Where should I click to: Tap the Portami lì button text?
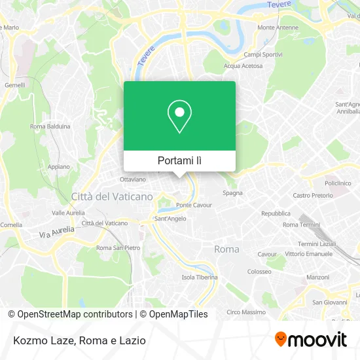(179, 160)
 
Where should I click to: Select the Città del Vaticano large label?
(112, 196)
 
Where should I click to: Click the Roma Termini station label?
(300, 225)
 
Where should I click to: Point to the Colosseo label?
(259, 272)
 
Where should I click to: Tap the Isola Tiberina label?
(199, 277)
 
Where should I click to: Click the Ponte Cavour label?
(194, 205)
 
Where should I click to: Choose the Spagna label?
(232, 193)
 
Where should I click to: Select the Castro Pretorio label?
(313, 195)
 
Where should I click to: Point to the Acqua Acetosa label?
(243, 66)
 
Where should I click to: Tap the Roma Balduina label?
(50, 126)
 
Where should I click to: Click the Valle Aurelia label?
(68, 213)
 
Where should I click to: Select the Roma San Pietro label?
(118, 248)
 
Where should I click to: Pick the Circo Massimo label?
(245, 312)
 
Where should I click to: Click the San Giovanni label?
(329, 302)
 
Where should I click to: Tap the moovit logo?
(310, 340)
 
